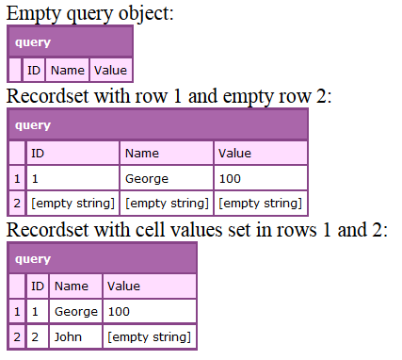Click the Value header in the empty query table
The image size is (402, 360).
[x=110, y=70]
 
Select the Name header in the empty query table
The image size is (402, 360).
[x=67, y=70]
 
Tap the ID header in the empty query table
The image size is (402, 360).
[x=34, y=70]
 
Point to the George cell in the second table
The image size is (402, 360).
[x=147, y=178]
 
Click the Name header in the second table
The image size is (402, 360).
[x=142, y=154]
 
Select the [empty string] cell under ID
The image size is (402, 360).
[x=72, y=203]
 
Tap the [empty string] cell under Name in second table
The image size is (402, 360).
[x=167, y=203]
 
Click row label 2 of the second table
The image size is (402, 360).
[x=16, y=203]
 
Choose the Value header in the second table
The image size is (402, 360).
[x=234, y=154]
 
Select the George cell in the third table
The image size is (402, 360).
[x=76, y=312]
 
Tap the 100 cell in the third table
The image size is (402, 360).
[x=119, y=312]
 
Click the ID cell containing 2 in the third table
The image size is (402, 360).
[x=37, y=336]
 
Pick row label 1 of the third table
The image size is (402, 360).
[x=16, y=312]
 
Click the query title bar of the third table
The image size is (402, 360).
[x=102, y=259]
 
